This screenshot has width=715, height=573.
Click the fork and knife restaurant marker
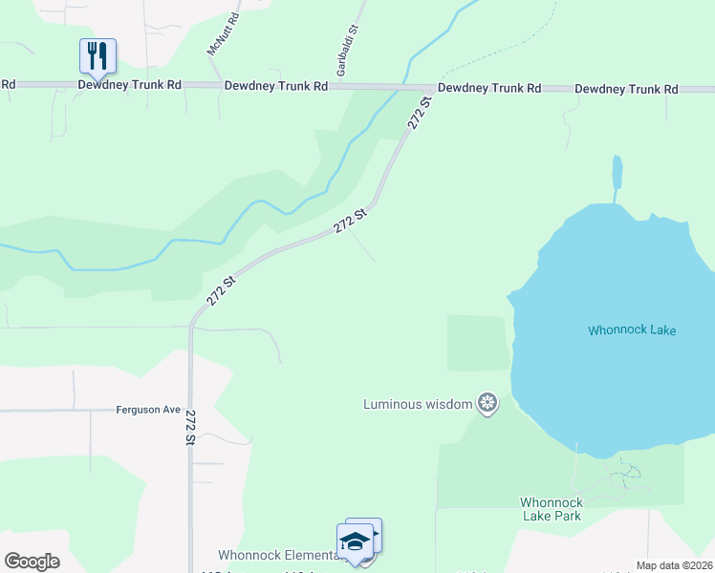[97, 55]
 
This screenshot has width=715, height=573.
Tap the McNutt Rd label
[222, 33]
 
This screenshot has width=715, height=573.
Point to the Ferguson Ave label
[148, 410]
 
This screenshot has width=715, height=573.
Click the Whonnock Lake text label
[632, 330]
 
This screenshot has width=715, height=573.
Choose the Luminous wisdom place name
[418, 404]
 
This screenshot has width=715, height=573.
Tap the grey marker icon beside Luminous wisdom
[487, 404]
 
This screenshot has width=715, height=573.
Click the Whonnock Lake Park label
[551, 509]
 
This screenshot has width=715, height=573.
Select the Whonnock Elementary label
[277, 555]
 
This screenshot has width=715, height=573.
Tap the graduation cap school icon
[356, 541]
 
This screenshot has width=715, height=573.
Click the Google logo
[32, 562]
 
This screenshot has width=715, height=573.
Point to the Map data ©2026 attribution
[674, 565]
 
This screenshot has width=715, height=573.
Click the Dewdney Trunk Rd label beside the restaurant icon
[130, 85]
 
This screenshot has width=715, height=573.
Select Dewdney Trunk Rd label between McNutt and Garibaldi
[276, 86]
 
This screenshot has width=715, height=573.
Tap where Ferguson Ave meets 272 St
[191, 411]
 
